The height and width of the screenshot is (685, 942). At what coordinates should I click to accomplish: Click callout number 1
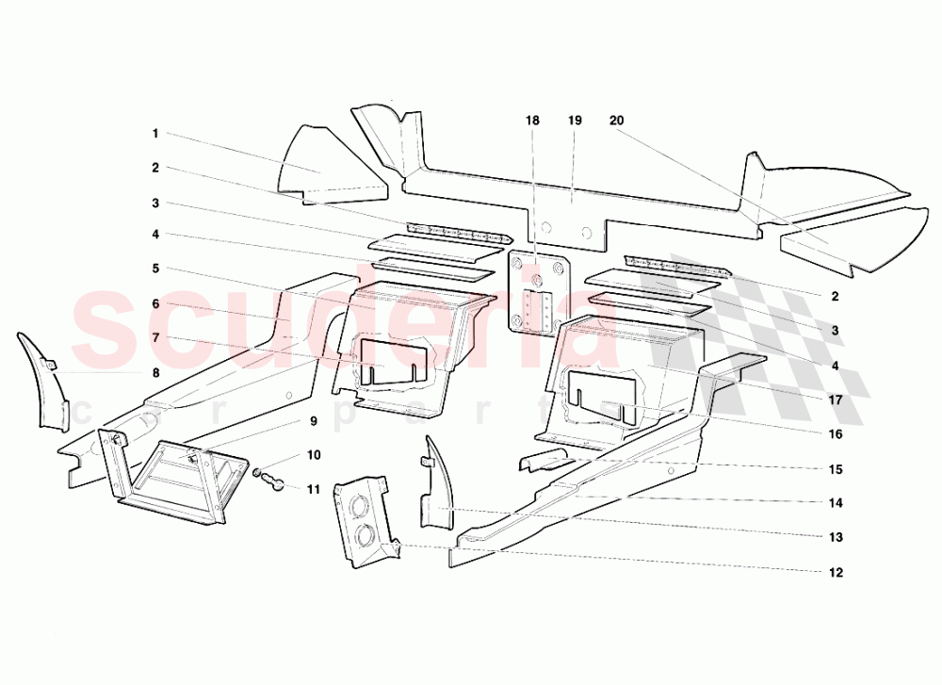point(155,134)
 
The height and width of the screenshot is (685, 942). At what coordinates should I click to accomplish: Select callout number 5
point(155,268)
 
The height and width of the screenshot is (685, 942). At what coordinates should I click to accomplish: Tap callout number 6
point(155,303)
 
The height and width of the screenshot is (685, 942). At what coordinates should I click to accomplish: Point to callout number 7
point(155,337)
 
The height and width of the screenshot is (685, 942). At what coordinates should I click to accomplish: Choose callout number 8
point(155,372)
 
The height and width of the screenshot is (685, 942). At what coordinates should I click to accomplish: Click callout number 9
point(314,420)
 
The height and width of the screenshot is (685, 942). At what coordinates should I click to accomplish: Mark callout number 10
point(314,455)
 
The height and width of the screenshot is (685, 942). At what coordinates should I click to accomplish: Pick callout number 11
point(314,489)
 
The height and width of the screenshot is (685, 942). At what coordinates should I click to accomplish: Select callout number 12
point(836,572)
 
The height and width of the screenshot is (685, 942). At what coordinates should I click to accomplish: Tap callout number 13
point(836,537)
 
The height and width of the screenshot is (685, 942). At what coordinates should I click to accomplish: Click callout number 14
point(836,503)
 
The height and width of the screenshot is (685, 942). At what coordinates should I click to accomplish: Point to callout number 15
point(836,469)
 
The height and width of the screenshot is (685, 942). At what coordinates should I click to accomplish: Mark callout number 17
point(836,399)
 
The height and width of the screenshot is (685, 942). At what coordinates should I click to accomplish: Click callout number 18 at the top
point(533,121)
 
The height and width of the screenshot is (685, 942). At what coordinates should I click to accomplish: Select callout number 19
point(575,121)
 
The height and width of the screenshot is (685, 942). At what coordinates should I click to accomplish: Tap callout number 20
point(616,121)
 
